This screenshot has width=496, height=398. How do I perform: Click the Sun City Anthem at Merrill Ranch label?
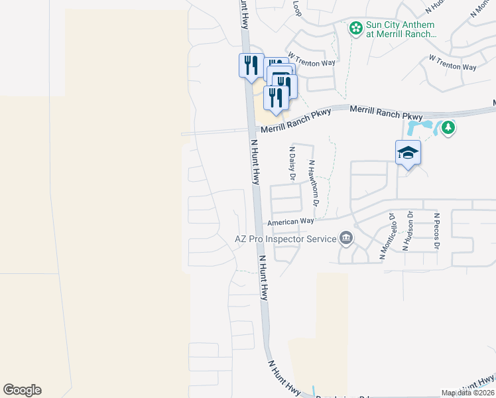pos(401,29)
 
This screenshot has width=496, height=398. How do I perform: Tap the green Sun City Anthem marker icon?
pos(356,28)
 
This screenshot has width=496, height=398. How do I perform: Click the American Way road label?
pos(290,222)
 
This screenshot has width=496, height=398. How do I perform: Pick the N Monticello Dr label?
pos(387,236)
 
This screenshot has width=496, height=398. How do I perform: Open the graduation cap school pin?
pos(408,153)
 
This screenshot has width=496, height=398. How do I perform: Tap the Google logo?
pos(22,390)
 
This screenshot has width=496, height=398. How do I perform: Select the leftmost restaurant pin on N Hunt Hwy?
pos(250,65)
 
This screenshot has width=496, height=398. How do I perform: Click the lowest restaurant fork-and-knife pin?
pos(275,97)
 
